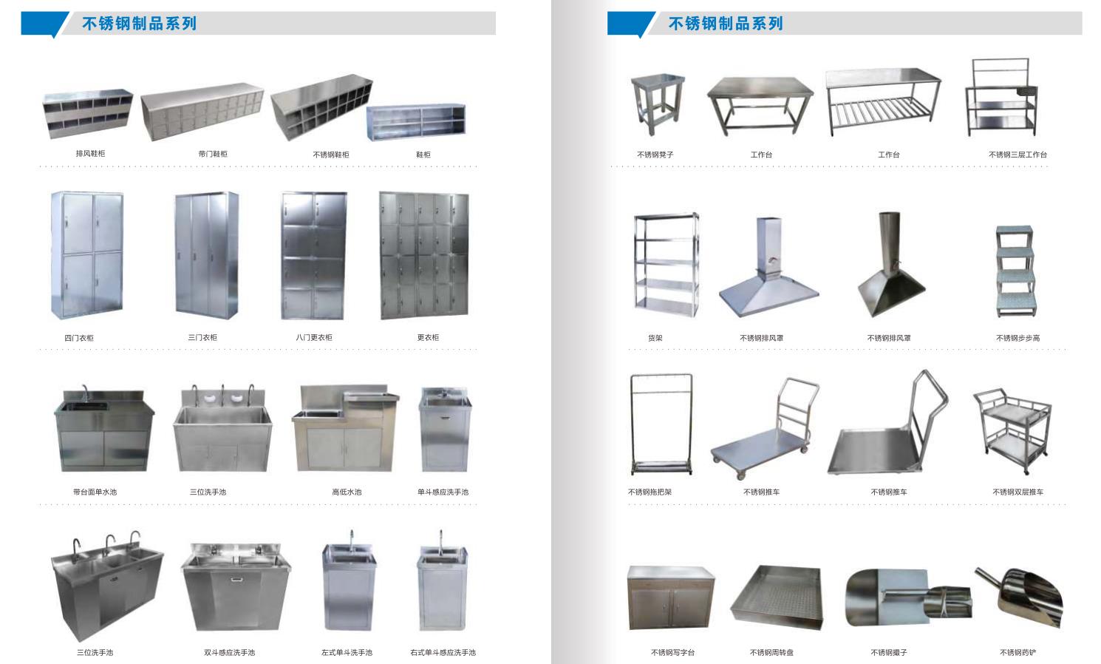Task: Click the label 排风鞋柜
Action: (90, 154)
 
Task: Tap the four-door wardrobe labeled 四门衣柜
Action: (86, 254)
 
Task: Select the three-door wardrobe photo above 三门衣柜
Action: (206, 253)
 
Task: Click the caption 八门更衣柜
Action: (314, 338)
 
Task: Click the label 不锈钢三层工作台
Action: (1018, 155)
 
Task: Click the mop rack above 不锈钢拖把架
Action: (661, 424)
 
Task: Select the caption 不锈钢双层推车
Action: (1018, 492)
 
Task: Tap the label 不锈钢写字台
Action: (672, 652)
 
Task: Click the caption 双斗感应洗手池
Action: (229, 652)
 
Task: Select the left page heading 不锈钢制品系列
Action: (140, 24)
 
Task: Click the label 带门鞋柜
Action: (213, 154)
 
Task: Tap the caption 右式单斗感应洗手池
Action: (443, 652)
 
